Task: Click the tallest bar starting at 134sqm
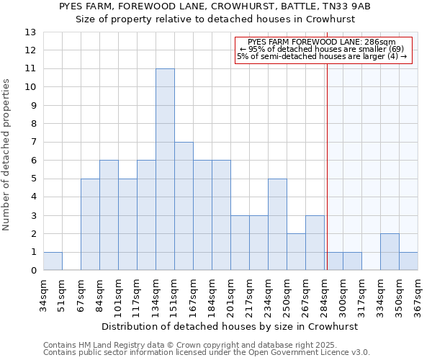point(165,169)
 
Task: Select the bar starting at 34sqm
point(53,261)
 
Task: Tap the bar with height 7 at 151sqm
point(184,206)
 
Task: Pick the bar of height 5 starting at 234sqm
point(277,225)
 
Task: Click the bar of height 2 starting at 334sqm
point(390,252)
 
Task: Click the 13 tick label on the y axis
point(30,32)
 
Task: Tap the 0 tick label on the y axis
point(33,271)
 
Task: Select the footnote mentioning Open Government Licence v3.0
point(207,352)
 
